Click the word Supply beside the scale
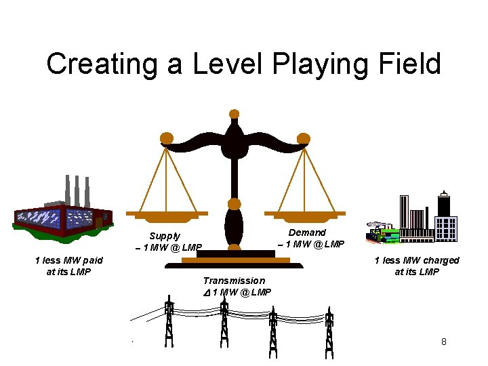click(165, 237)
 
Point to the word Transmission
click(234, 281)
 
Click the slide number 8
click(444, 342)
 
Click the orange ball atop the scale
click(235, 114)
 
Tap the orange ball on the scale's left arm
click(166, 139)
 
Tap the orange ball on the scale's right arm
click(304, 139)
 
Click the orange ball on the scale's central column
click(235, 203)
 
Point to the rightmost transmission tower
click(329, 332)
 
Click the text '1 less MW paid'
click(69, 260)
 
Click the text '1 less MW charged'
click(417, 260)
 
